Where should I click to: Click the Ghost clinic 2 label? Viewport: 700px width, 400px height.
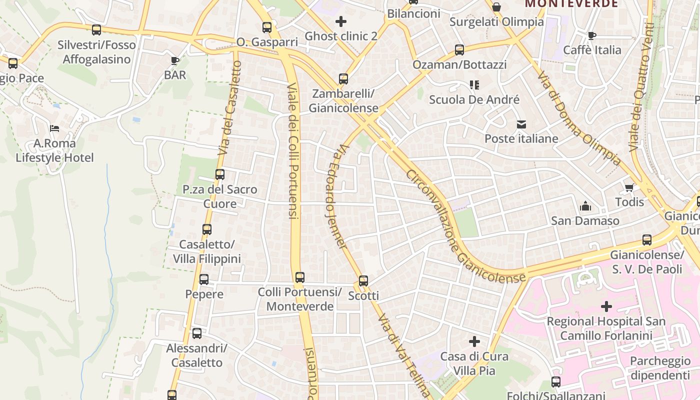(x=341, y=36)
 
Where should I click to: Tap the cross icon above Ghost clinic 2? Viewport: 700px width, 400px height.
(x=341, y=21)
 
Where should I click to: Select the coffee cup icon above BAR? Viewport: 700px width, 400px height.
(x=174, y=61)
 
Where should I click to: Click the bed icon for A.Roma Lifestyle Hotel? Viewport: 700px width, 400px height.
(x=54, y=128)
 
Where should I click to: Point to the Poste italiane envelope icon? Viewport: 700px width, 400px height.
(x=521, y=124)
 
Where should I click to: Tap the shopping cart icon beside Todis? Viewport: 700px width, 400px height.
(x=629, y=188)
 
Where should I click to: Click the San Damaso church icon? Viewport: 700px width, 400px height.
(x=585, y=206)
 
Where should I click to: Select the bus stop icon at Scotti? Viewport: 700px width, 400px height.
(x=363, y=281)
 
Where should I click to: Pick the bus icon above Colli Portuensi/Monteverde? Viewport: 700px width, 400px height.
(x=300, y=277)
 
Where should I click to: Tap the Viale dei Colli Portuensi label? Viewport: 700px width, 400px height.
(x=293, y=150)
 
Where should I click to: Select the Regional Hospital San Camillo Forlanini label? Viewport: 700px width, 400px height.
(x=606, y=328)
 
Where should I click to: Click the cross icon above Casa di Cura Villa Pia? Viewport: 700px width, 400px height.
(x=474, y=342)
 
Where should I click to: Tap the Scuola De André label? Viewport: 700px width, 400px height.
(x=474, y=99)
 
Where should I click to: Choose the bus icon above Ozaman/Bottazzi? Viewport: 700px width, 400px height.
(x=459, y=50)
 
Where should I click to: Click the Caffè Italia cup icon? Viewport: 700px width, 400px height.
(x=592, y=35)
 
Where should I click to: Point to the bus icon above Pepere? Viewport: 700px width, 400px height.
(x=204, y=279)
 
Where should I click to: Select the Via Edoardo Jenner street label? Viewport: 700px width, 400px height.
(x=335, y=197)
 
